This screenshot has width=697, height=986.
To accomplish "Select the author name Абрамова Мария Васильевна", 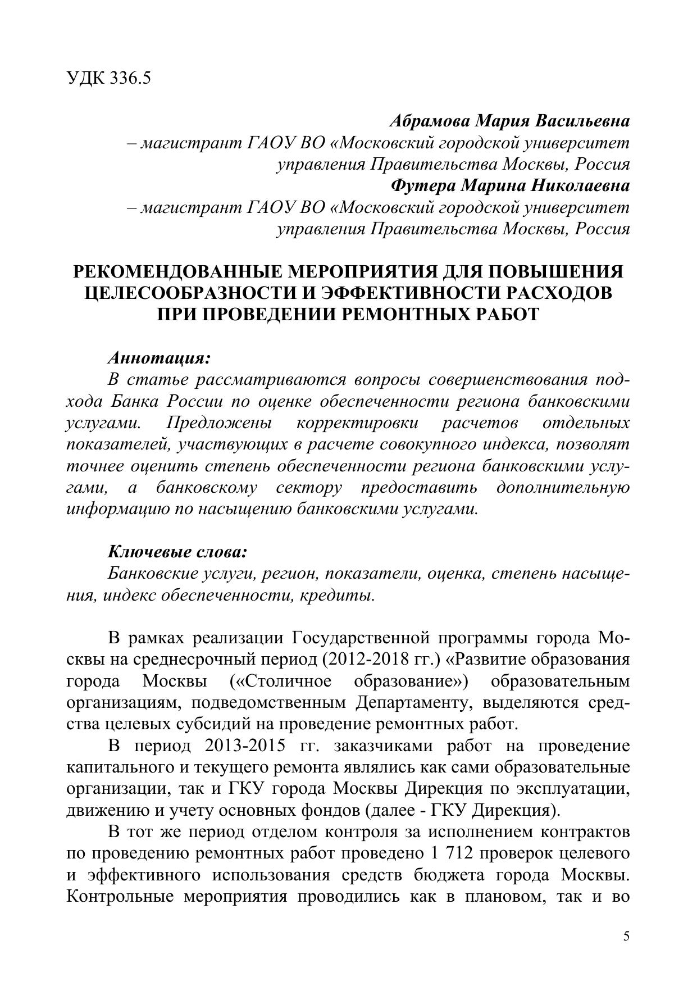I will (x=509, y=121).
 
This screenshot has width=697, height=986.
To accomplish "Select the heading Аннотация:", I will (x=159, y=358).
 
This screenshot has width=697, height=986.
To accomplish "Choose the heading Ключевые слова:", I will (x=177, y=552).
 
